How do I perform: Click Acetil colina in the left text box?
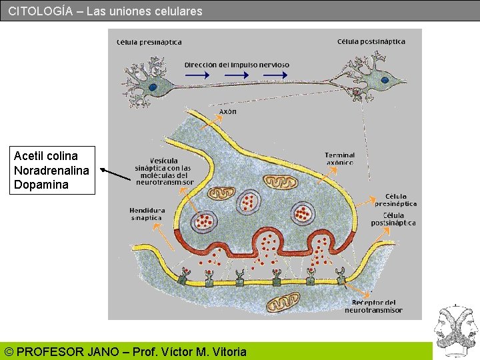pyautogui.click(x=45, y=156)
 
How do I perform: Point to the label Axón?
pyautogui.click(x=227, y=111)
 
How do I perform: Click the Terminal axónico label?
pyautogui.click(x=340, y=159)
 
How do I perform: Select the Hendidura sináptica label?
pyautogui.click(x=147, y=213)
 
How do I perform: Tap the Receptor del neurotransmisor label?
pyautogui.click(x=373, y=306)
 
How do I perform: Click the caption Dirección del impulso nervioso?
pyautogui.click(x=237, y=65)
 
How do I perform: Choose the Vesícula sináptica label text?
pyautogui.click(x=165, y=171)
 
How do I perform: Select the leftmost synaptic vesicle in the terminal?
pyautogui.click(x=205, y=222)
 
